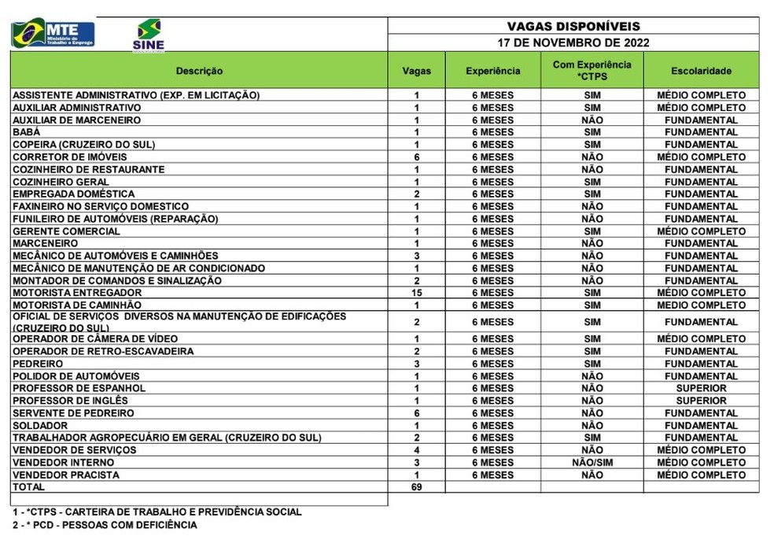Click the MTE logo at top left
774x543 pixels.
[53, 34]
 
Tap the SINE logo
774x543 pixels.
[149, 35]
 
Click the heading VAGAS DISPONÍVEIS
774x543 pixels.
[573, 26]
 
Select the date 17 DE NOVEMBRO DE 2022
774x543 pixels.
[573, 43]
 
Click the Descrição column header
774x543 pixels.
[199, 71]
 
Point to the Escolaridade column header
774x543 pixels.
[701, 71]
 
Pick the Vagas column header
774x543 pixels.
[416, 71]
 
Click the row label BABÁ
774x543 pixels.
[26, 132]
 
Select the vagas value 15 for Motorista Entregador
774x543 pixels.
[416, 293]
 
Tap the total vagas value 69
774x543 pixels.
[416, 488]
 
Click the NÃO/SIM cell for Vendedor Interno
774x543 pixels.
[592, 463]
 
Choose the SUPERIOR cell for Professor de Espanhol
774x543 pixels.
[701, 388]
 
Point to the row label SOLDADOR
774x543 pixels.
[39, 426]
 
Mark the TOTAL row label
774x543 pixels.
[28, 488]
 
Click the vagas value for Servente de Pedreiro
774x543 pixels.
[416, 413]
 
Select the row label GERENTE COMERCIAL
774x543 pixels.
[67, 231]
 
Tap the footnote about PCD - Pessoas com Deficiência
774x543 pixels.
[104, 525]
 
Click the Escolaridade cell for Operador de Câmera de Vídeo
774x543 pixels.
[701, 338]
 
